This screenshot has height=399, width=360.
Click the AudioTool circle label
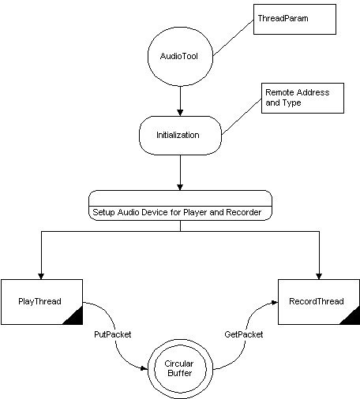pyautogui.click(x=179, y=56)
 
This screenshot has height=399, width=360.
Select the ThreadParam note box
pyautogui.click(x=294, y=19)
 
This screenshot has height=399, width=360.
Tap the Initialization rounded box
pyautogui.click(x=180, y=136)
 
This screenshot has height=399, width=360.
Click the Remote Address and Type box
pyautogui.click(x=302, y=99)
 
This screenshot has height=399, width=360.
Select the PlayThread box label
pyautogui.click(x=39, y=301)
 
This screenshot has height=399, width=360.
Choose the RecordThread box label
pyautogui.click(x=317, y=301)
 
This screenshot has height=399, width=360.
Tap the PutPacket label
pyautogui.click(x=113, y=334)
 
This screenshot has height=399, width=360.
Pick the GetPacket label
pyautogui.click(x=244, y=334)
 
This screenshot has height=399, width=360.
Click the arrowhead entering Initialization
pyautogui.click(x=180, y=113)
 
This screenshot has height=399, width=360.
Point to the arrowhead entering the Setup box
pyautogui.click(x=180, y=187)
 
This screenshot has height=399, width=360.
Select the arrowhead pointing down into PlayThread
pyautogui.click(x=41, y=276)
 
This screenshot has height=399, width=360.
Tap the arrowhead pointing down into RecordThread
pyautogui.click(x=319, y=276)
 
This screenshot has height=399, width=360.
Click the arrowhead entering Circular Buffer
pyautogui.click(x=144, y=368)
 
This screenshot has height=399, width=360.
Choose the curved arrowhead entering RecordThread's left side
pyautogui.click(x=275, y=303)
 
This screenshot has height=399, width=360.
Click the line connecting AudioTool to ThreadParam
pyautogui.click(x=233, y=38)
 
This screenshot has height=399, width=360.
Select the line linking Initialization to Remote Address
pyautogui.click(x=242, y=117)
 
